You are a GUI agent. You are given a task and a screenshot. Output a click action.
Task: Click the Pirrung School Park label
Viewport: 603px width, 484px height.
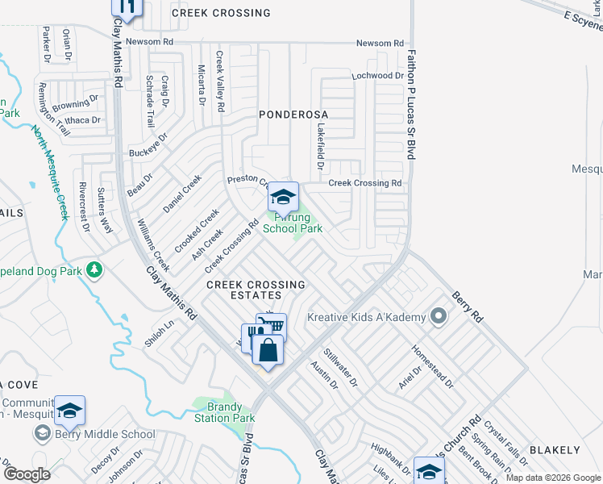tap(293, 223)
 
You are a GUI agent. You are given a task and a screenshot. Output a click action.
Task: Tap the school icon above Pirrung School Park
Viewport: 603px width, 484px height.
tap(283, 197)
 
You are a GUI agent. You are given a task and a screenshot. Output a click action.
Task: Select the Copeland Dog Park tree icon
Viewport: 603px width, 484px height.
tap(95, 269)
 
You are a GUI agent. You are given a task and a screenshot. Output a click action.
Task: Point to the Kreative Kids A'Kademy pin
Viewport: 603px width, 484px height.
tap(438, 317)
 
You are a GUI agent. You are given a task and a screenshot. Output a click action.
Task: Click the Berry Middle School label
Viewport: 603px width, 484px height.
tap(105, 434)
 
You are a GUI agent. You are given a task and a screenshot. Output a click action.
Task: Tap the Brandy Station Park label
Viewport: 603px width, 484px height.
tap(225, 412)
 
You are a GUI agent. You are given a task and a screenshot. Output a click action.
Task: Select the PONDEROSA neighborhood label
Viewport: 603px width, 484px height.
tap(293, 115)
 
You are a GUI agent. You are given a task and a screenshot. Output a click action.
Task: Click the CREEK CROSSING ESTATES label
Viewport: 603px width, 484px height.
tap(256, 290)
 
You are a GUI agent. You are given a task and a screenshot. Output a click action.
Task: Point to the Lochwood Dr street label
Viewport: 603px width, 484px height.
tap(377, 76)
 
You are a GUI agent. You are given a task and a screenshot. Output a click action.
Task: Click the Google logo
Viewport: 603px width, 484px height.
tap(27, 474)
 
